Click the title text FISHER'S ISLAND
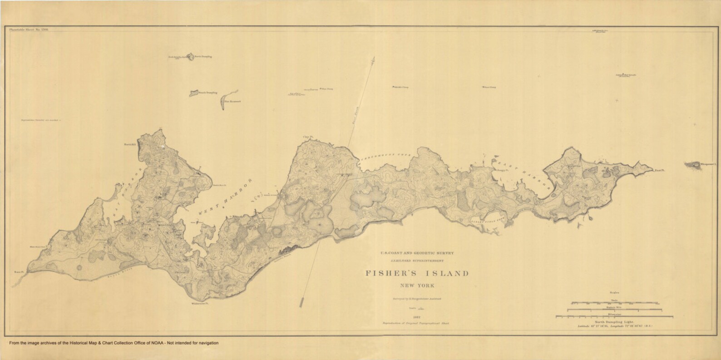(x=417, y=273)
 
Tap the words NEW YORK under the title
(x=417, y=286)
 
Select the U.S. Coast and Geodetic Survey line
(x=417, y=252)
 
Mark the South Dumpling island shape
(x=194, y=93)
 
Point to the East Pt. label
(x=659, y=171)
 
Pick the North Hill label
(x=130, y=145)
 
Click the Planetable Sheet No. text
(x=29, y=29)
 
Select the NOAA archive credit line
(x=112, y=343)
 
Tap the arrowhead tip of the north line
(x=373, y=58)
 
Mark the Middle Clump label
(x=400, y=86)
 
